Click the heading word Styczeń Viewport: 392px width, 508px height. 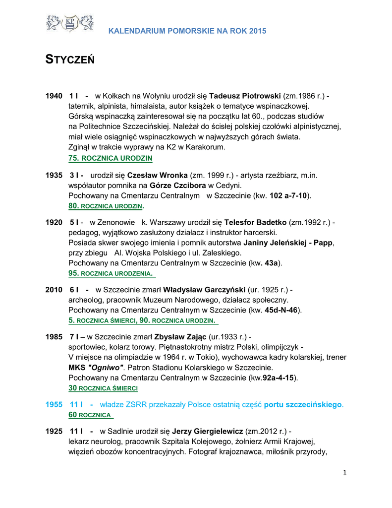70,61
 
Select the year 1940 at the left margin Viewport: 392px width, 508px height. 54,95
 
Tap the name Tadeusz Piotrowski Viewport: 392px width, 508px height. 245,95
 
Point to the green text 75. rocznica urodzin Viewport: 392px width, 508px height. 110,158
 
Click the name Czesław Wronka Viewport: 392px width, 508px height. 157,175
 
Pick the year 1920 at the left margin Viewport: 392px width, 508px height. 54,222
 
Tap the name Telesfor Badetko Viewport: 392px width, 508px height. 255,222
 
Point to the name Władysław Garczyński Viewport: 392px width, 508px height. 205,289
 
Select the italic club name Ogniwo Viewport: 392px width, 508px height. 105,368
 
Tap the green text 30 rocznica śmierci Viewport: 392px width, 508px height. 103,388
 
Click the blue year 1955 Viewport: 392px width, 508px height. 54,405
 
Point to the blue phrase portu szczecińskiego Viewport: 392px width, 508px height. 303,405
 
